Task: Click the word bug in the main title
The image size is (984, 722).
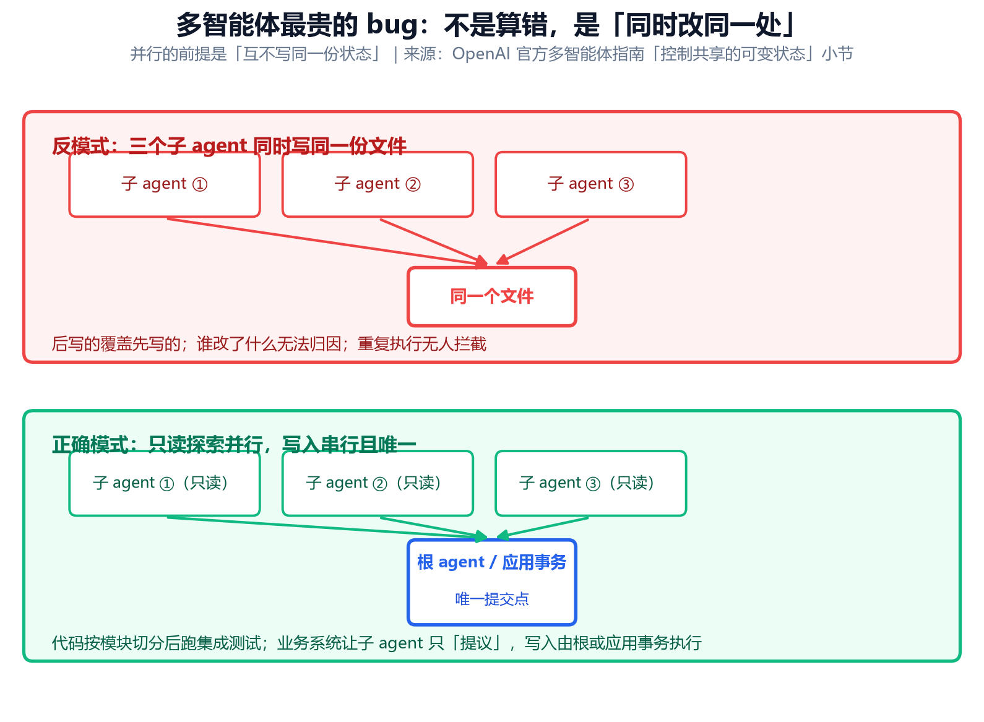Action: (x=393, y=25)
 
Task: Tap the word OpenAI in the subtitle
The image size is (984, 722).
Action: (x=481, y=54)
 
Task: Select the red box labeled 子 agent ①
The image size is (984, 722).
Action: (x=165, y=184)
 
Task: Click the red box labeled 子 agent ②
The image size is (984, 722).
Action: (x=378, y=184)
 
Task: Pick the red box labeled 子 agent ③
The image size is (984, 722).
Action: (x=591, y=184)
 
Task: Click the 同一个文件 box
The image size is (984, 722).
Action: (x=492, y=297)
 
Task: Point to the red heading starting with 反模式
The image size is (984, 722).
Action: (x=229, y=146)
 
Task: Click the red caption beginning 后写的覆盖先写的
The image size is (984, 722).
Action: (x=269, y=344)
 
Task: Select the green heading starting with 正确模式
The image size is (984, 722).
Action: (x=234, y=445)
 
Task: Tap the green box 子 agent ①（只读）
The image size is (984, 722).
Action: (x=165, y=484)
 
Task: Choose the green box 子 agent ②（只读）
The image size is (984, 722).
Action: (x=378, y=484)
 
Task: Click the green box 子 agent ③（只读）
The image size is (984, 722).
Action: (x=591, y=484)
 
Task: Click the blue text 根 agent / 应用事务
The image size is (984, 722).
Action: (x=491, y=562)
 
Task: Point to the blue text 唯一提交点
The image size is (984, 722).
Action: (x=492, y=599)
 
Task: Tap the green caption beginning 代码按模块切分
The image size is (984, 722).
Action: (x=376, y=643)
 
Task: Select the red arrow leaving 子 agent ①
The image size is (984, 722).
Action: (x=327, y=242)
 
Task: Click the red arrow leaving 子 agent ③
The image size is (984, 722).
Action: (x=543, y=242)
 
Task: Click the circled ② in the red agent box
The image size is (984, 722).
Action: (x=413, y=184)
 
